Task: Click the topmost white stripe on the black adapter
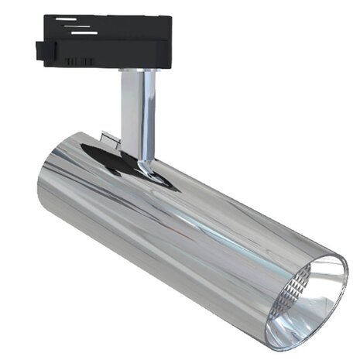click(x=67, y=19)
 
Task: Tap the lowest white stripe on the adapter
click(x=84, y=33)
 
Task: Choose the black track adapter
click(x=108, y=39)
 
